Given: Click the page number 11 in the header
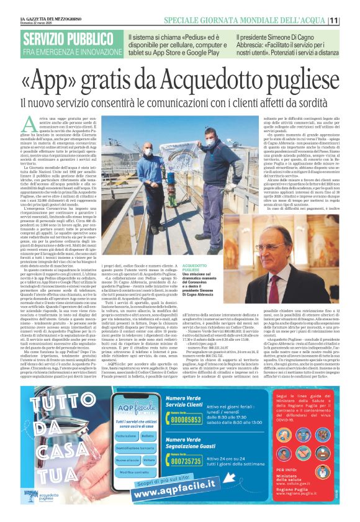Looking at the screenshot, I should click(x=351, y=20).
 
